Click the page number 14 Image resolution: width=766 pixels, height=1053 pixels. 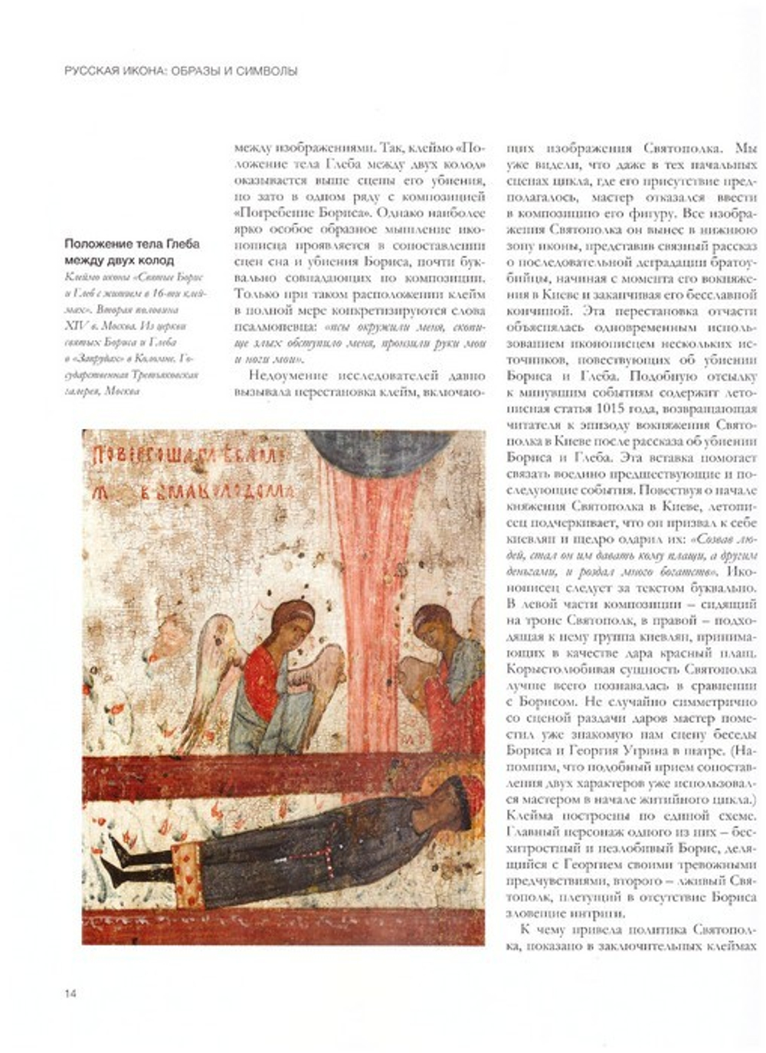70,993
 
